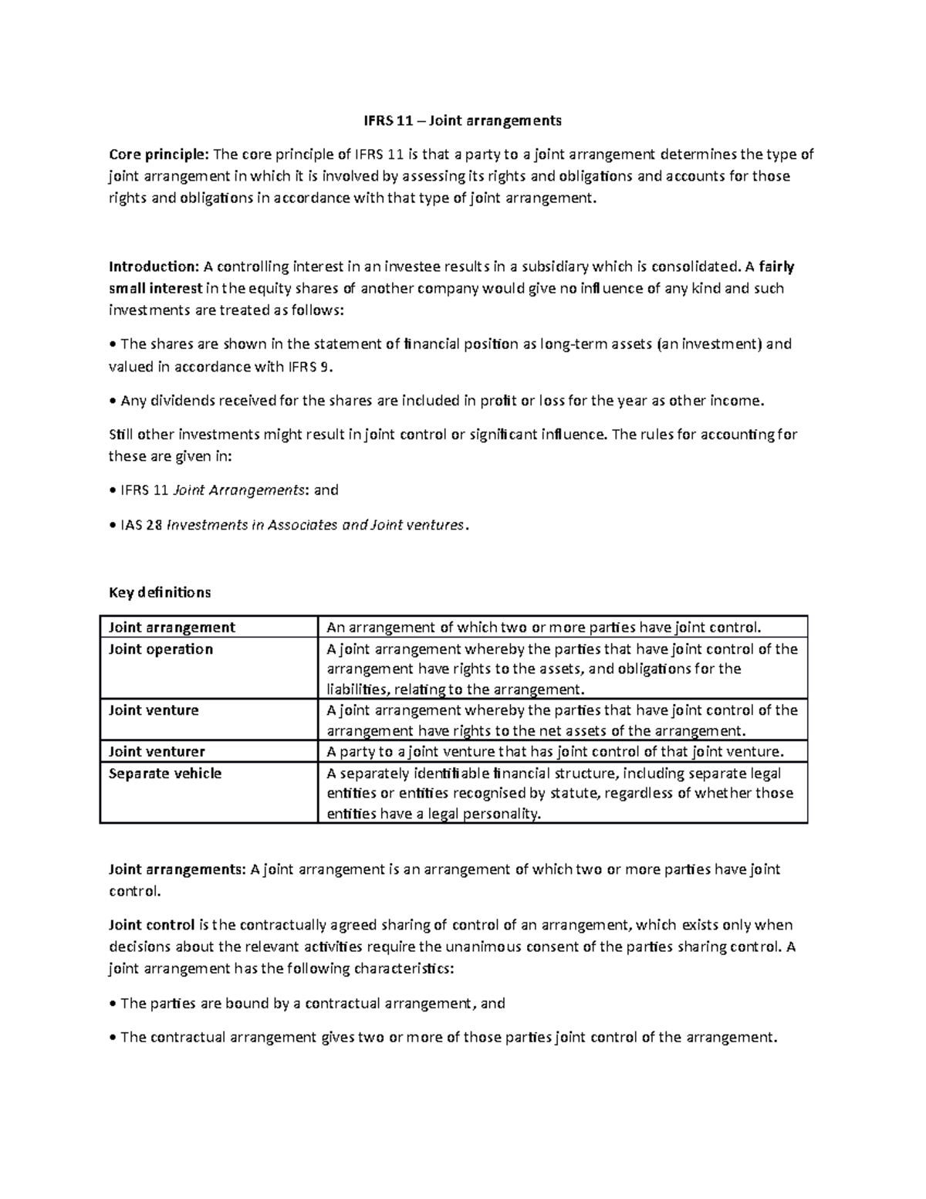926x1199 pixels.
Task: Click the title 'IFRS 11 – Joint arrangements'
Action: pos(463,121)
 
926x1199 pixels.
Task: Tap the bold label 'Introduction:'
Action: pos(154,267)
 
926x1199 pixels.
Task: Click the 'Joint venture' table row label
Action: pos(154,710)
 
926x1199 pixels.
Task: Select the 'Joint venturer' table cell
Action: pos(157,752)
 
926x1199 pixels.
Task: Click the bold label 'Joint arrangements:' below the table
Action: pos(176,870)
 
